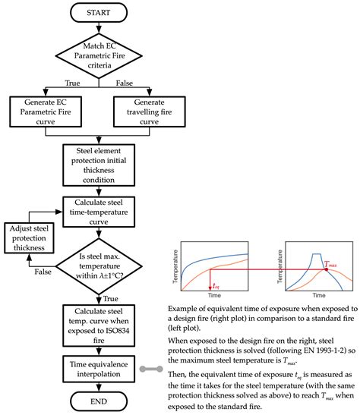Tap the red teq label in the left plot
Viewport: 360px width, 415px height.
tap(216, 286)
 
